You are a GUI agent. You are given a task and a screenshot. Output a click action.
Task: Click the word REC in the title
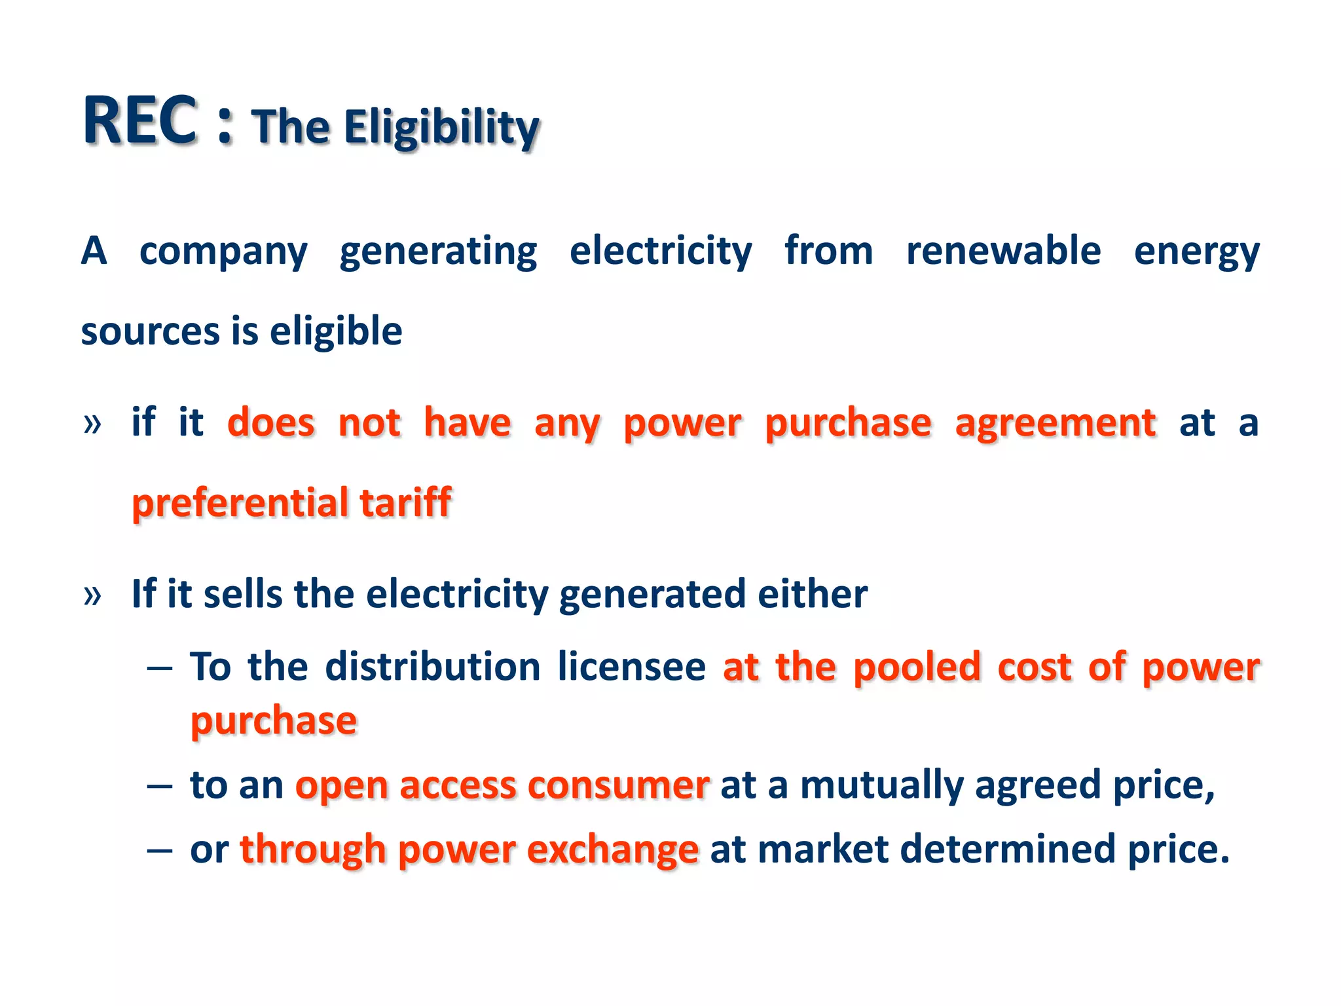(140, 121)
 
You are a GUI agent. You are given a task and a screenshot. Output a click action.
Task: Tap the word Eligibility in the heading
(442, 127)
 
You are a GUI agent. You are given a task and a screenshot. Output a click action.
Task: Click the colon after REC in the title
(225, 124)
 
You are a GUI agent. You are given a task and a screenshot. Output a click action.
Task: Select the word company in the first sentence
(223, 252)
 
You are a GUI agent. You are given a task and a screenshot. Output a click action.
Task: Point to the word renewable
(1003, 251)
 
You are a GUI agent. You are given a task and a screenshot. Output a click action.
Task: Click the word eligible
(336, 331)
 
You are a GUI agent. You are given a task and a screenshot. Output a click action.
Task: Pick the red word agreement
(1056, 423)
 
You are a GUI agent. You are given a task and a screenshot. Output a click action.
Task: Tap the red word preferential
(240, 504)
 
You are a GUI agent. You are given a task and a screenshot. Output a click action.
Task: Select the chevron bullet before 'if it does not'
(92, 424)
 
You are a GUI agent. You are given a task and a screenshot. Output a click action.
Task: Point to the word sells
(243, 594)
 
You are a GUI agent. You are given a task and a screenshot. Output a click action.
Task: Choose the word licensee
(632, 667)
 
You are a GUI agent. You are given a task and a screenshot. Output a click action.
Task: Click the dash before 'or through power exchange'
(160, 851)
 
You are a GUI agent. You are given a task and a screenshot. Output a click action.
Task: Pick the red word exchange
(613, 851)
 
